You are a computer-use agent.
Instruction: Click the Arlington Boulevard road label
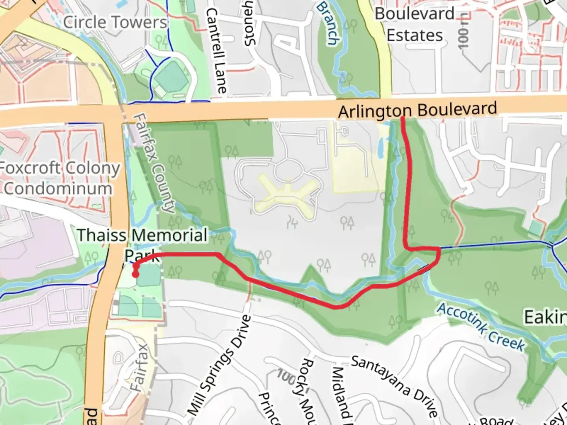[417, 110]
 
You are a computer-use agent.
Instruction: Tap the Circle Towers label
[115, 22]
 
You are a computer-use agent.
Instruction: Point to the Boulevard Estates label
[415, 24]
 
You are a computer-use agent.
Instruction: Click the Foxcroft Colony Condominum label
[59, 178]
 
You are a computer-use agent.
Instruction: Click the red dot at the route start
[135, 274]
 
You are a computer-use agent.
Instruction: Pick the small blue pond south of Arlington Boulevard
[380, 148]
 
